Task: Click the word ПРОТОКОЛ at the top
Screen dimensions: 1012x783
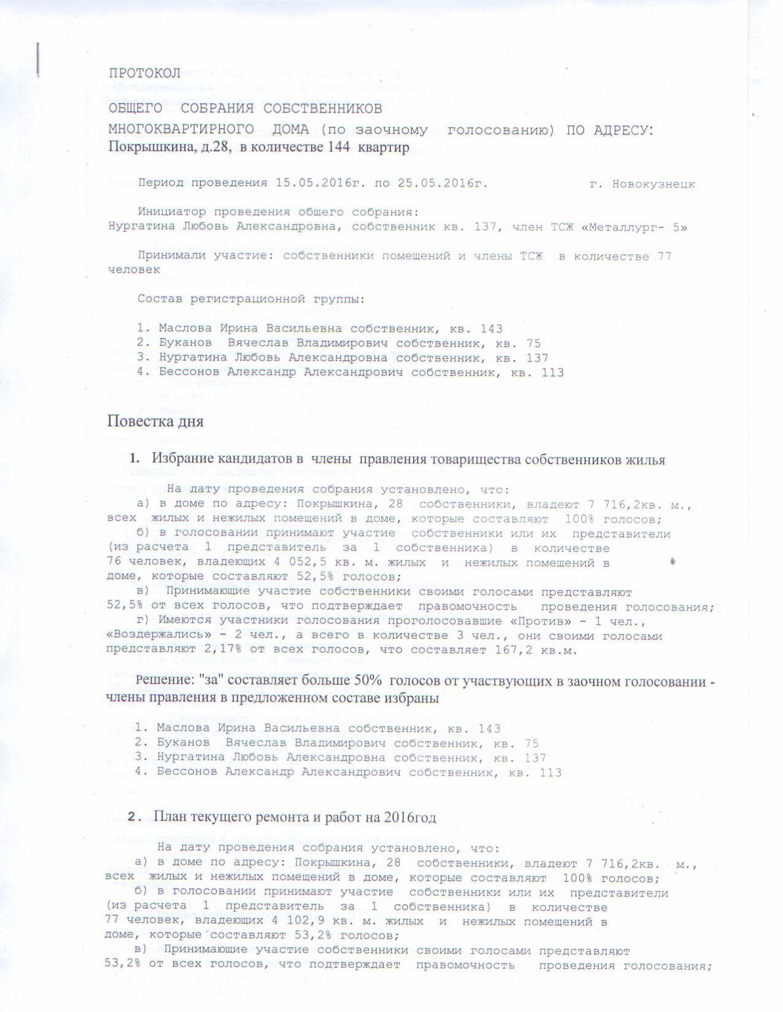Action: [145, 73]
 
